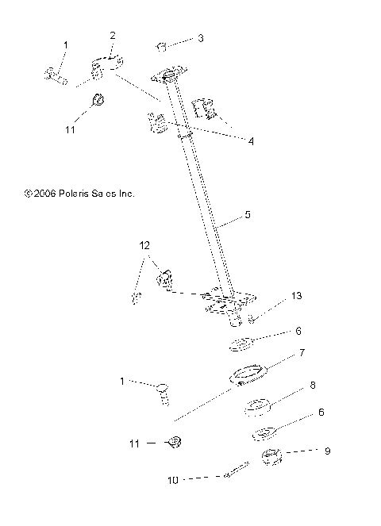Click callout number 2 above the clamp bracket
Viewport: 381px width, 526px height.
pos(113,36)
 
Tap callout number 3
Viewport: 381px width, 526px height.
pos(201,37)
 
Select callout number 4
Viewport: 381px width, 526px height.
pos(251,142)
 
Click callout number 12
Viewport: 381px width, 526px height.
pos(145,247)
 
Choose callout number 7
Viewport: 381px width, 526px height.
pos(302,351)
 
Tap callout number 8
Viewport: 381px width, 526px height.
pos(312,386)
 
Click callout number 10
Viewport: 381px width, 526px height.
pos(173,480)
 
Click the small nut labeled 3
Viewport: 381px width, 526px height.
pos(161,46)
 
